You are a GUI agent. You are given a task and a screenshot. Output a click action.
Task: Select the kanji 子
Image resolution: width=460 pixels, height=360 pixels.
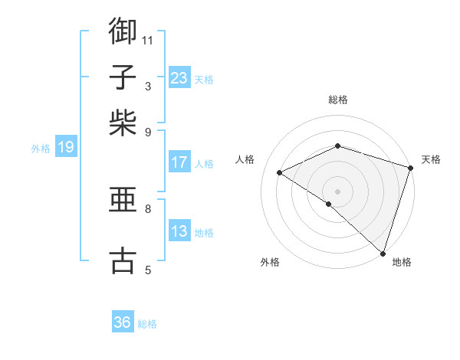123,77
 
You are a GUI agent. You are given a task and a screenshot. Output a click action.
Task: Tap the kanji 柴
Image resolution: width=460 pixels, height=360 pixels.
123,123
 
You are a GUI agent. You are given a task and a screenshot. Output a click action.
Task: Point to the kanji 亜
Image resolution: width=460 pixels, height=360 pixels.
123,201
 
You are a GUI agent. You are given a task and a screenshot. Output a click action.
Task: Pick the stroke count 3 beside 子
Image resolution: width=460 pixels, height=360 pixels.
148,86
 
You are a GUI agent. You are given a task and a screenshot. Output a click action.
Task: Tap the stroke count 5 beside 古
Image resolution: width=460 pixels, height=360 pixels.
148,270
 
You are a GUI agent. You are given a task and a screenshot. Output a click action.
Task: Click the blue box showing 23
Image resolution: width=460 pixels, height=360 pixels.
179,78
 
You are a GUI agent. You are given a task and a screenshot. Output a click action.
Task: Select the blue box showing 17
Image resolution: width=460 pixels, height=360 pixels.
179,162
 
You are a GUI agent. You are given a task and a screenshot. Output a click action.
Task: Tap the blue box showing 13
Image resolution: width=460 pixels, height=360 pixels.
179,231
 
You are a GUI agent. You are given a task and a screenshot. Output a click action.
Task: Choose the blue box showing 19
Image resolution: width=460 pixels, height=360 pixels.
66,147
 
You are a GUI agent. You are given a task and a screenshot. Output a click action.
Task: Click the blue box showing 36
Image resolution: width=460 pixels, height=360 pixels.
123,322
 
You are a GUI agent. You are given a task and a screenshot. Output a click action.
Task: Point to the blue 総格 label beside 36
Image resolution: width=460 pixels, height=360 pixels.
147,324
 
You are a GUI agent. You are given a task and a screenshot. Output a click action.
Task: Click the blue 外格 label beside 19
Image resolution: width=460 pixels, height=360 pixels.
40,149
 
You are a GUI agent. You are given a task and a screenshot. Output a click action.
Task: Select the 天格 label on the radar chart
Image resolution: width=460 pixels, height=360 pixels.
431,159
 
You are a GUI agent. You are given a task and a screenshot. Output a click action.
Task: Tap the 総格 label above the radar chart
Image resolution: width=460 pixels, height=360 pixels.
338,100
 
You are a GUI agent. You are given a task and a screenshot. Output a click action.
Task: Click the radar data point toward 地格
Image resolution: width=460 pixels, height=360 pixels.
383,252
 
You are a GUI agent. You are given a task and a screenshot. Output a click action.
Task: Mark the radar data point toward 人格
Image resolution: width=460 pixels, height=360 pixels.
280,173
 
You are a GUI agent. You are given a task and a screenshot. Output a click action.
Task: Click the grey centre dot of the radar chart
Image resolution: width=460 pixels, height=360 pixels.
337,191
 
